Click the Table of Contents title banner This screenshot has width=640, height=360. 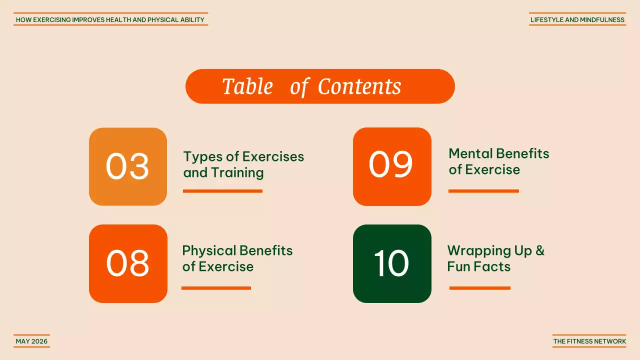click(x=320, y=86)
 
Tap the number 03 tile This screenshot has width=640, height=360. click(x=128, y=166)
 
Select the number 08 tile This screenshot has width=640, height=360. click(x=128, y=263)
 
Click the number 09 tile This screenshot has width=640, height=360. click(x=392, y=166)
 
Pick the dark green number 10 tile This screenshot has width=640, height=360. click(x=392, y=263)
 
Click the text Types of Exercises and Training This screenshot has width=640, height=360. click(x=243, y=164)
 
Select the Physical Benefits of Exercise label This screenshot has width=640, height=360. click(x=237, y=258)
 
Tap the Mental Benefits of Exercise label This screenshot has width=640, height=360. click(x=498, y=161)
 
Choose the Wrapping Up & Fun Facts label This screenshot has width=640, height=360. click(x=495, y=258)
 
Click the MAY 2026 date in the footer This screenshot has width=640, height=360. click(x=31, y=341)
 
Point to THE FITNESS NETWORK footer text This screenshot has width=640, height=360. click(x=589, y=341)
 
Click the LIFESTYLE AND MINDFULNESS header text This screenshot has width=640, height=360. click(x=577, y=20)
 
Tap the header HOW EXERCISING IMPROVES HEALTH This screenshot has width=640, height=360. click(x=110, y=20)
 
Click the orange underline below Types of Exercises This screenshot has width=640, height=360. click(x=222, y=191)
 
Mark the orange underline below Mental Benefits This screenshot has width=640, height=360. click(x=483, y=191)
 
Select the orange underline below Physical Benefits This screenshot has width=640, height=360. click(x=216, y=288)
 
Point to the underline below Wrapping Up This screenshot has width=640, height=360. click(x=479, y=288)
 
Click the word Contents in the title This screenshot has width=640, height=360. click(x=359, y=86)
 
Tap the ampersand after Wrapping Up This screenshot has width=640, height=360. click(x=539, y=251)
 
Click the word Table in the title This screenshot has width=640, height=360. click(x=247, y=86)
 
